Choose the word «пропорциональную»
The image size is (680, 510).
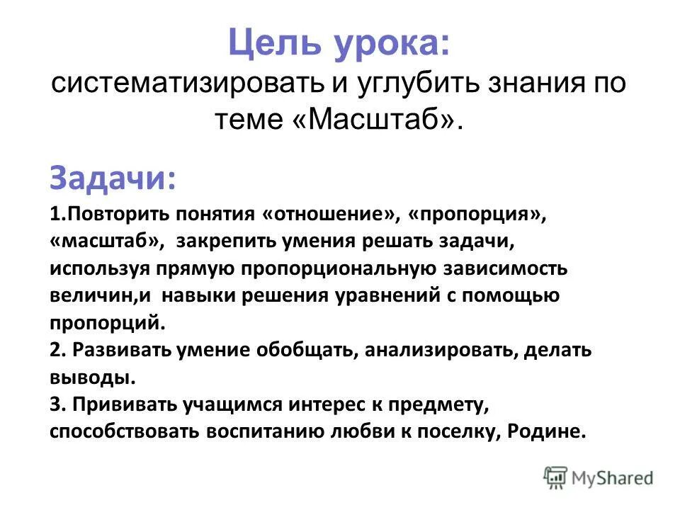point(332,269)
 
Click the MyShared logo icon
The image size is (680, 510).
point(557,477)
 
